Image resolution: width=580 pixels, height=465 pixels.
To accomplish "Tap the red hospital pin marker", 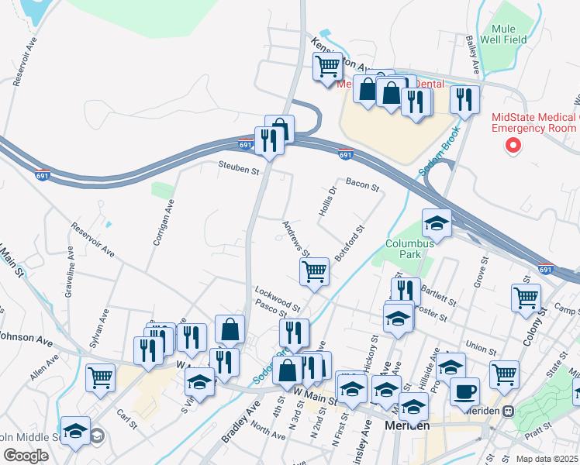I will coord(512,145).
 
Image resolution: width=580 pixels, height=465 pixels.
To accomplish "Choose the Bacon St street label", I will coord(362,185).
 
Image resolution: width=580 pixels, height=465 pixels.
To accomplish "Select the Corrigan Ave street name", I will coord(165,222).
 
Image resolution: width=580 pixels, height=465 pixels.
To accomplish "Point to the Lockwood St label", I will coord(278,296).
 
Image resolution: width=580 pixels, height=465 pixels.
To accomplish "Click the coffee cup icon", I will coord(464,391).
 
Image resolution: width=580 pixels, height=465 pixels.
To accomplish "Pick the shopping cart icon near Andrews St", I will coord(314,271).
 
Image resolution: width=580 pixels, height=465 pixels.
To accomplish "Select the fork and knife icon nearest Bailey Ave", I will coord(464,99).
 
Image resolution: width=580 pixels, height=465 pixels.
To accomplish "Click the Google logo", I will coord(26,456).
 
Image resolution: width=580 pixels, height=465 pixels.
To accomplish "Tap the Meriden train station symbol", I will coord(508,411).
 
